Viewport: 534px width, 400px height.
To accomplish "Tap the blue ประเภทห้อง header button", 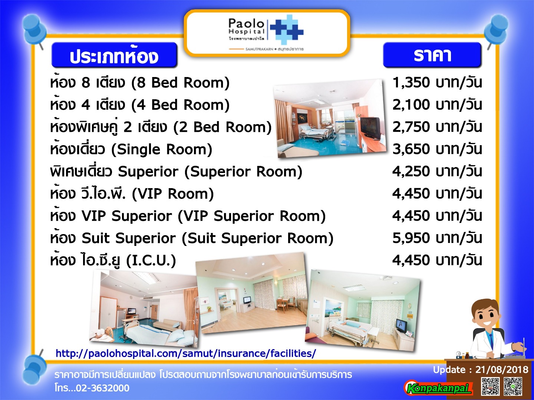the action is pos(114,55).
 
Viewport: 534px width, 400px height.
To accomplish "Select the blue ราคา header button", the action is pos(432,55).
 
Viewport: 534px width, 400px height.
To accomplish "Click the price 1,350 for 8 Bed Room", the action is pos(411,83).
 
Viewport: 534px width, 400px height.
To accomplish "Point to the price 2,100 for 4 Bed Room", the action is pos(411,105).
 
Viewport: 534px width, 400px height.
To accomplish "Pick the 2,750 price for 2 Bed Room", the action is pos(411,127).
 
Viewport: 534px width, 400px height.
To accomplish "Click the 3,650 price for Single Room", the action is pos(411,149).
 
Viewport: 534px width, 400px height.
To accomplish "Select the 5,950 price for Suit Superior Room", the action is pos(411,238).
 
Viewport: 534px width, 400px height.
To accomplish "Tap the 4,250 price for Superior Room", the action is pos(411,171).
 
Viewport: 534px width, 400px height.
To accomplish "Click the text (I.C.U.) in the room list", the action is pos(151,261).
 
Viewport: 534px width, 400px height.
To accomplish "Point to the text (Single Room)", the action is pos(162,150).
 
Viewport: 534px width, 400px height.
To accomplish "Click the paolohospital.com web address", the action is pos(186,353).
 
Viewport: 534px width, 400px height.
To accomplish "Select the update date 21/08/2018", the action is pos(502,370).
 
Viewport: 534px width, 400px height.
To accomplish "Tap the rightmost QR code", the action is pos(513,386).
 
